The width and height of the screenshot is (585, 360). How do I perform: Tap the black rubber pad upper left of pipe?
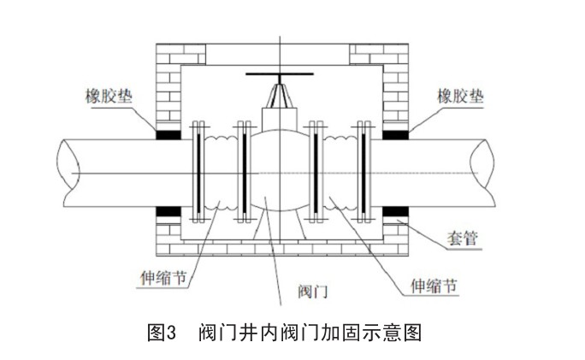point(168,134)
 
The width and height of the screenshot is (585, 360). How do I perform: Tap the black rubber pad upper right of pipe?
point(394,134)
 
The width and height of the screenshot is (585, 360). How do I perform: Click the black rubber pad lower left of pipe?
point(168,211)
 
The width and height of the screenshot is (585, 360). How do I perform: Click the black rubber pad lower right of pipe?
point(394,211)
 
